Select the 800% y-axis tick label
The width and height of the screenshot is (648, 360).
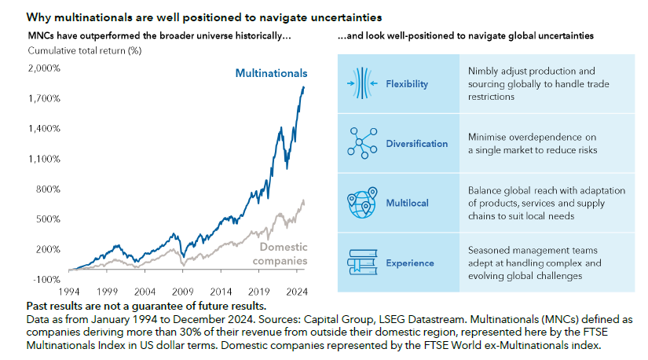coord(46,189)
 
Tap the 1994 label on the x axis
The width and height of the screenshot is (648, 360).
coord(69,290)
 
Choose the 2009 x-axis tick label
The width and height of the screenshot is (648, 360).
coord(183,290)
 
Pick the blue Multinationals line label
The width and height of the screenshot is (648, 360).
coord(271,74)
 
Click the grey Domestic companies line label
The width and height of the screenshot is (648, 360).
coord(283,254)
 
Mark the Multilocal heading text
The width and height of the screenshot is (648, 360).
coord(407,203)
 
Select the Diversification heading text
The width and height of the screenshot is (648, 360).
coord(417,144)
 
